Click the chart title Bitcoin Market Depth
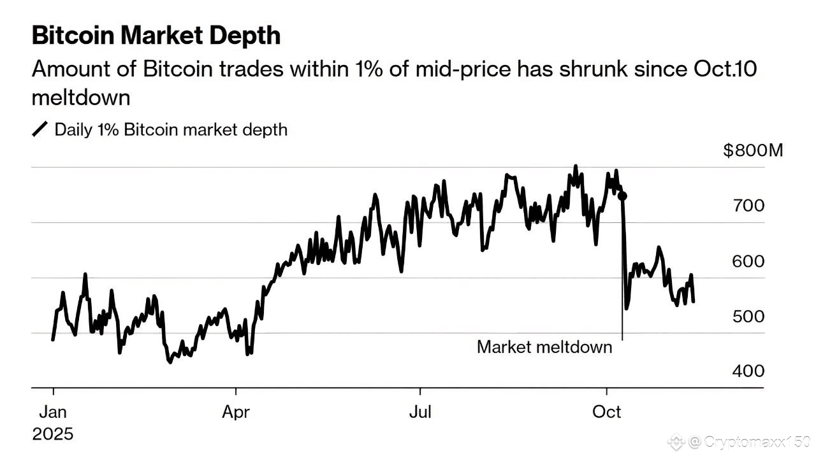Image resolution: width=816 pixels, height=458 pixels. pos(156,36)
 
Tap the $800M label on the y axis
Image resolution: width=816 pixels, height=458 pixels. pos(753,151)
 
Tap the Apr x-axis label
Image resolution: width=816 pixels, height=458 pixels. pos(236,412)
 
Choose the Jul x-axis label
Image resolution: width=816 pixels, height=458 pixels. pos(420,412)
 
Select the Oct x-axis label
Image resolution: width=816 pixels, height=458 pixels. pos(606,412)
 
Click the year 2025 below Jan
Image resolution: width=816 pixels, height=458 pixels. pos(53,434)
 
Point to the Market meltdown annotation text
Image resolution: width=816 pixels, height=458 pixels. pos(544,347)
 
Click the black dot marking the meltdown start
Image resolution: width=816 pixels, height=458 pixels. pos(623,196)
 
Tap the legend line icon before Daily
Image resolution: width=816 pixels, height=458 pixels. pos(40,130)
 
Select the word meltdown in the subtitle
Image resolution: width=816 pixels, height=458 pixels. pos(81,98)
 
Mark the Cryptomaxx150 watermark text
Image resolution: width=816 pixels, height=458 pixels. pos(747,441)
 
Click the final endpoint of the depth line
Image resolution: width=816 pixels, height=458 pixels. pos(693,301)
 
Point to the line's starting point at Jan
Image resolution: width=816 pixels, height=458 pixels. pos(53,340)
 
